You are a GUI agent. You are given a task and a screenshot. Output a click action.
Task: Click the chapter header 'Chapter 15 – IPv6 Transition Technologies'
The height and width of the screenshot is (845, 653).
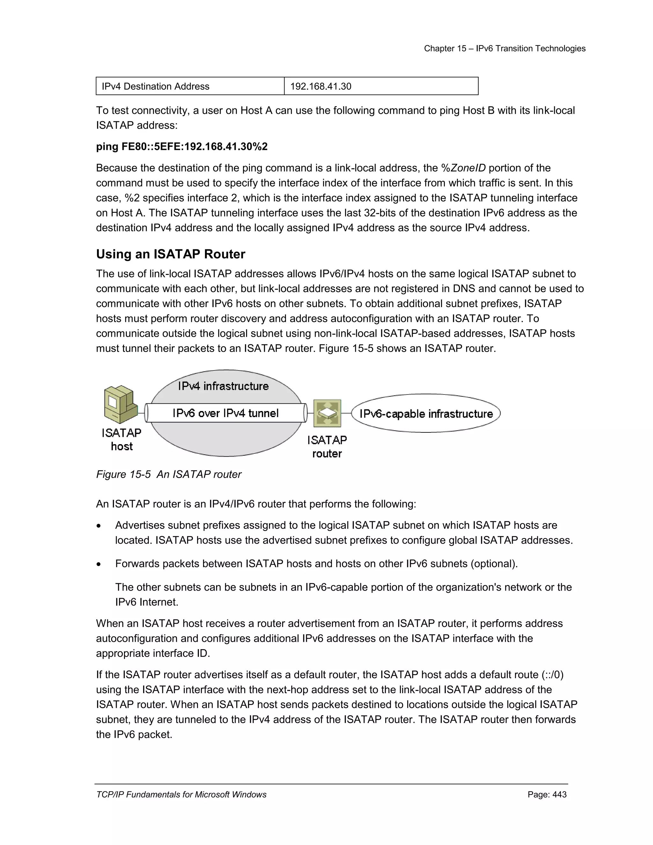[x=504, y=48]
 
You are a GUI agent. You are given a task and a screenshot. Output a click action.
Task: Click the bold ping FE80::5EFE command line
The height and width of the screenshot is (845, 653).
[x=182, y=147]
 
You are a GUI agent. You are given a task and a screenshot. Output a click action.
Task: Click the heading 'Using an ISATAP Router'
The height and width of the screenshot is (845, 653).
[x=171, y=254]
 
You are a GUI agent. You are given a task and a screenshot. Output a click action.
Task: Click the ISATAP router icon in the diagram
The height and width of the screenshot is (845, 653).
[x=327, y=413]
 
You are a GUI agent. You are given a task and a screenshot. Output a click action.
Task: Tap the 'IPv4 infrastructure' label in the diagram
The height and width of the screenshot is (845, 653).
[x=223, y=386]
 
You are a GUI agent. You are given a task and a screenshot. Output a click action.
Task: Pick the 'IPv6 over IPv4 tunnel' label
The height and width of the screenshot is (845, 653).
[x=225, y=413]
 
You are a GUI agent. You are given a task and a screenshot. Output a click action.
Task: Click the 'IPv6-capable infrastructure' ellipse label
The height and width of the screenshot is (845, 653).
[x=426, y=414]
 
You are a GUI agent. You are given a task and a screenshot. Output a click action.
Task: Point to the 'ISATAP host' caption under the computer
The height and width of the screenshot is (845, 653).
[x=121, y=439]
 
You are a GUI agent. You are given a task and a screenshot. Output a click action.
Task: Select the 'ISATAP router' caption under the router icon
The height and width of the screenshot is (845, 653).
[x=327, y=447]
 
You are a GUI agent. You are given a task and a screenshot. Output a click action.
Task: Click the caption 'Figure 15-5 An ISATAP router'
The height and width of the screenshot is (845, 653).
[x=169, y=474]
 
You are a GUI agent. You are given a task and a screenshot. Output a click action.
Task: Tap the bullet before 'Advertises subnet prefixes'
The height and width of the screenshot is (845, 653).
[x=99, y=526]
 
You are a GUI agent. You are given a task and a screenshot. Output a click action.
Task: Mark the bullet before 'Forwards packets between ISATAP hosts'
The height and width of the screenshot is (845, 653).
[x=99, y=564]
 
